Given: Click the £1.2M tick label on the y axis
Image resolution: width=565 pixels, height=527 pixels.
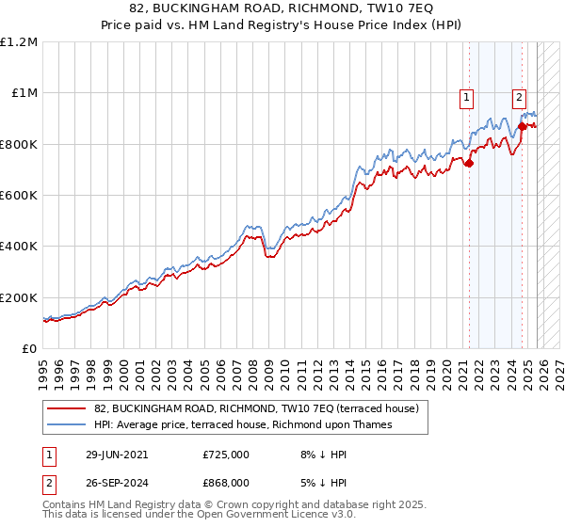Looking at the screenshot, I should pos(20,42).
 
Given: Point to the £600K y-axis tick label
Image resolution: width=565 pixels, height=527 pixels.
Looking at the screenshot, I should pos(19,196).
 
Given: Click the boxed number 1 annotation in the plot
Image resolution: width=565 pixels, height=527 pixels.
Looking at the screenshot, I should pos(467,95).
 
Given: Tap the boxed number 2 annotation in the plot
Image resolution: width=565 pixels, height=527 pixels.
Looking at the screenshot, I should pos(519,95).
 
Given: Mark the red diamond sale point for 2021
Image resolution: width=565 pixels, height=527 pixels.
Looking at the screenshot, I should pos(469,163).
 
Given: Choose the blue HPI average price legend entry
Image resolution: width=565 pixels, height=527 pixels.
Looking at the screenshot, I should pos(254,424).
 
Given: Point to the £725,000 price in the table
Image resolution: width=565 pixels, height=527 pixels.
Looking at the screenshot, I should pos(226,455).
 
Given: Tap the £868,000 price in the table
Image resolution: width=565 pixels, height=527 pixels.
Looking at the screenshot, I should pos(226,482).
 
